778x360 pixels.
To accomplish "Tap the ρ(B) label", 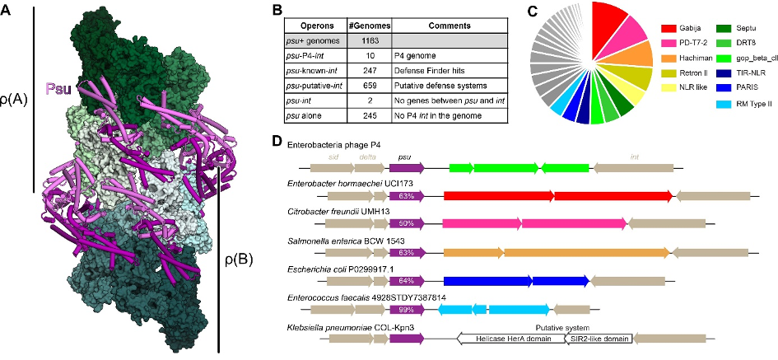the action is tap(240, 259).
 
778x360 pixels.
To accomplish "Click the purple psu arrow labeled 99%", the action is tap(407, 310).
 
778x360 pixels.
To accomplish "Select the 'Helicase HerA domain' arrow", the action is tap(510, 339).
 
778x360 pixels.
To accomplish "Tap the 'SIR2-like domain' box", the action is tap(599, 339).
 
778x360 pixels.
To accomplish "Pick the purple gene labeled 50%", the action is tap(407, 223).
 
